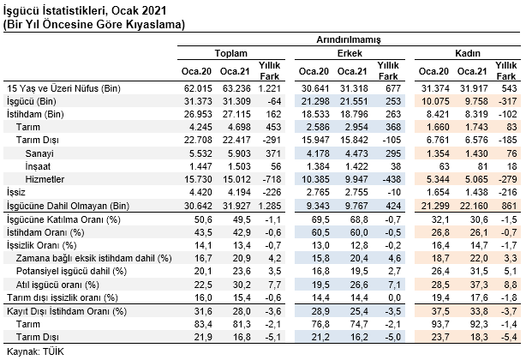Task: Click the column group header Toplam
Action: (230, 53)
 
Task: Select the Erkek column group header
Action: (350, 53)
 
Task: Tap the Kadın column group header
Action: (468, 53)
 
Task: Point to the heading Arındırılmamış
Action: (349, 40)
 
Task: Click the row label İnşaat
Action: (37, 166)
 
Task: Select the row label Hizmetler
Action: (45, 179)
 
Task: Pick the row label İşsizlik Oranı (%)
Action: (42, 245)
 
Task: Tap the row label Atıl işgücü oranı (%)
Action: (57, 285)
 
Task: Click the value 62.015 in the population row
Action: (198, 88)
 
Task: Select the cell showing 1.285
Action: (269, 206)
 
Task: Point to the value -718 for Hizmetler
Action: (272, 179)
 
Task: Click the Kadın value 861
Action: (509, 206)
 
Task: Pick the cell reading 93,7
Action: (439, 324)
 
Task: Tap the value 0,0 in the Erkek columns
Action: (393, 297)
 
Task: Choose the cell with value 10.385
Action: (315, 179)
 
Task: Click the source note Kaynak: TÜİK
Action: (35, 351)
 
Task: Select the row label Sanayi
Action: (39, 153)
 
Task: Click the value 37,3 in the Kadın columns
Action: (479, 285)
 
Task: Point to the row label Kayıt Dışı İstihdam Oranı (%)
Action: (67, 311)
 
